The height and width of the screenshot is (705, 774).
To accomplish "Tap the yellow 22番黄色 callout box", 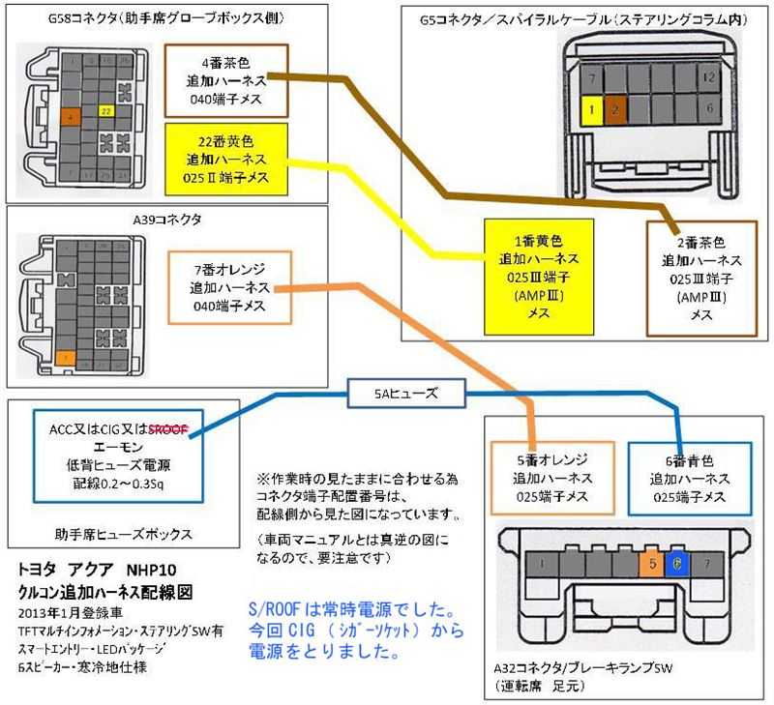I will (x=223, y=159).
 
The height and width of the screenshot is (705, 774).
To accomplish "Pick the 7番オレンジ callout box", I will (x=228, y=288).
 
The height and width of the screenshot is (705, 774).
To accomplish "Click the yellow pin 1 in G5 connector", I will (x=589, y=110).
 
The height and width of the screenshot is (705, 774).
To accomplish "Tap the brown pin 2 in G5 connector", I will (x=615, y=110).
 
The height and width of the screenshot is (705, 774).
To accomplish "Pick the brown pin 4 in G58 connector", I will (x=71, y=117).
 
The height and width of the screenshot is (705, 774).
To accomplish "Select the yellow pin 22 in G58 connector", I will (x=106, y=111).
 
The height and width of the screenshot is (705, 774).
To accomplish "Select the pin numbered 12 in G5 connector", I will (x=710, y=76).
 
